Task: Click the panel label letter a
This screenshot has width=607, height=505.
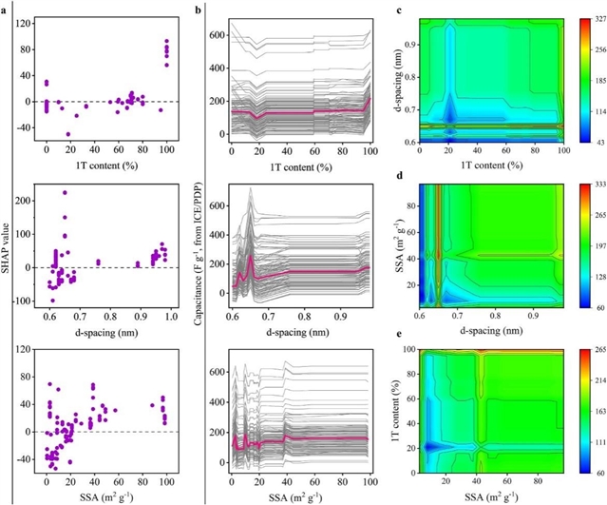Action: click(5, 8)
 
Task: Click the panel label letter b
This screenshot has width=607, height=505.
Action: click(196, 8)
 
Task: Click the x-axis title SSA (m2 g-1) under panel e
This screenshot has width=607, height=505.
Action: click(495, 496)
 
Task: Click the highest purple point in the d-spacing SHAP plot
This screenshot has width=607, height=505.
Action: click(65, 193)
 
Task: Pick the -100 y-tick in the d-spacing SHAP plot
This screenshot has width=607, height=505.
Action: click(18, 301)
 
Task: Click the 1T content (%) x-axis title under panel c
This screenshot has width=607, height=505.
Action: click(495, 163)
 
